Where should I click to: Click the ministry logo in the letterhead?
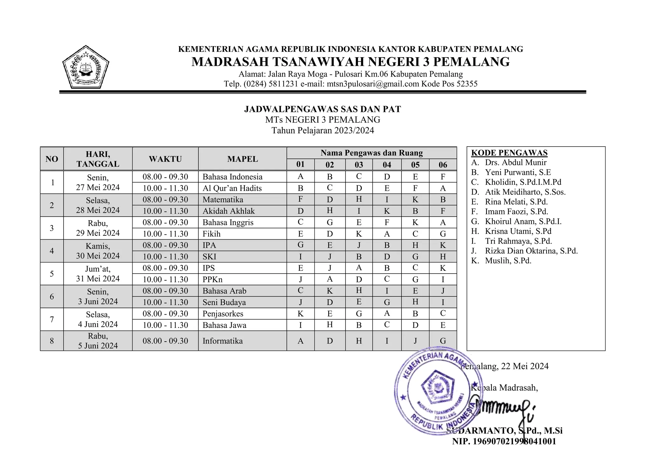click(86, 67)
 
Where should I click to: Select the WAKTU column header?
click(165, 159)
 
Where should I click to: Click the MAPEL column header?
click(242, 159)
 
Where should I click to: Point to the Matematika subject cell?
click(223, 200)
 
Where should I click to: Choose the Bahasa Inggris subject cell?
click(228, 223)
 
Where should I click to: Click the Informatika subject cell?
click(223, 341)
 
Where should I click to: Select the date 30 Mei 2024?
click(98, 256)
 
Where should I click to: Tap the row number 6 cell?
click(52, 296)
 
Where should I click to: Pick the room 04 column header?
click(387, 165)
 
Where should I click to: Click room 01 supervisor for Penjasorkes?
click(300, 314)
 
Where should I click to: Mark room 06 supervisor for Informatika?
click(443, 341)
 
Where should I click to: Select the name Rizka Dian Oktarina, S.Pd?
click(531, 251)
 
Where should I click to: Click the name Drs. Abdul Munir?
click(516, 163)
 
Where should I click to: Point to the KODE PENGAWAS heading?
click(509, 153)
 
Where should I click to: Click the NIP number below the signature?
click(504, 442)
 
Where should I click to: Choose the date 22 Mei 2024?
click(524, 366)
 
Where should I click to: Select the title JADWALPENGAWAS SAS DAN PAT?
click(322, 109)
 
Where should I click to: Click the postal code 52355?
click(467, 84)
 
